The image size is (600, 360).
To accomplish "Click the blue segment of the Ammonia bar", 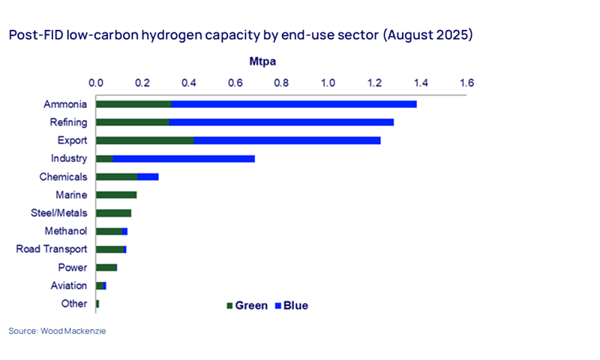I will coord(294,103).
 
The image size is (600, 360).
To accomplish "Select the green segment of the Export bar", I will coord(145,140).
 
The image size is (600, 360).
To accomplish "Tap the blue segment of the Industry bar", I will coord(184,158).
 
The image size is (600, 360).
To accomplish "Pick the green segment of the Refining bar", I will coord(133,121).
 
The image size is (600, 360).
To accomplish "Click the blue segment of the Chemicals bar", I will coord(148,177).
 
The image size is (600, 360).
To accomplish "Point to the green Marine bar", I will coord(116,195).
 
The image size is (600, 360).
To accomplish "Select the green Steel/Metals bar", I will coord(114,213).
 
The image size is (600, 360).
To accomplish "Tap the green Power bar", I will coord(106,267).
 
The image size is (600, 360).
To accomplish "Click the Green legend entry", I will coord(247,305).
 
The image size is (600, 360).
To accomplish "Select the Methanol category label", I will coord(66,231).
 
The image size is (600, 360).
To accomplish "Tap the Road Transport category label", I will coord(52,249).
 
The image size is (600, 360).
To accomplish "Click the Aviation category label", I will coord(69,285).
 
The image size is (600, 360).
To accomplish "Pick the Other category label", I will coord(74,303).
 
